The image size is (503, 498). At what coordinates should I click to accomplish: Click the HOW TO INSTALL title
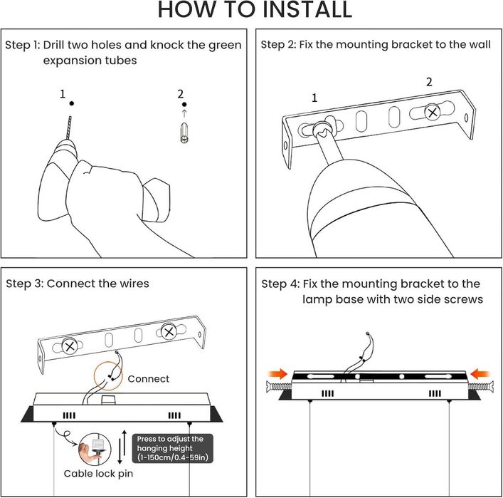[255, 10]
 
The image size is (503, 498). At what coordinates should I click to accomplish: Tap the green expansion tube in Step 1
[184, 133]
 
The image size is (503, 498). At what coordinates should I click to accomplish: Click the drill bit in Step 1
[69, 128]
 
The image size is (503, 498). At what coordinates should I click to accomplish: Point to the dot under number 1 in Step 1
[72, 103]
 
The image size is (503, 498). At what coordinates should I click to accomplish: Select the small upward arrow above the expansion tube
[184, 113]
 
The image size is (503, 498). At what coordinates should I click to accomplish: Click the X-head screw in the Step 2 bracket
[432, 113]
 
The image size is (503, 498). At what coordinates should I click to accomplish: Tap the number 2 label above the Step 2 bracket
[429, 82]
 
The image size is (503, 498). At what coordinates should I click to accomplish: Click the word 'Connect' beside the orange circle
[148, 379]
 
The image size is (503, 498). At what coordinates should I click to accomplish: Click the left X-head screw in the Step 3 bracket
[69, 346]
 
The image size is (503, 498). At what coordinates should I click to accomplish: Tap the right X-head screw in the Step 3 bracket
[169, 332]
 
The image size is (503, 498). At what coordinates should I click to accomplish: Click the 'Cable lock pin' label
[98, 474]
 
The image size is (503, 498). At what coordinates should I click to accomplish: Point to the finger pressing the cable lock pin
[86, 452]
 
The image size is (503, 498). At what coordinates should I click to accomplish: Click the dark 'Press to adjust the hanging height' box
[173, 449]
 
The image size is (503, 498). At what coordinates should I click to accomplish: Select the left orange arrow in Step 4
[277, 374]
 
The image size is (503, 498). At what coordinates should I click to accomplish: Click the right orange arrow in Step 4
[480, 374]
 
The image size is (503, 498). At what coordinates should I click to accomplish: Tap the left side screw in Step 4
[278, 386]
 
